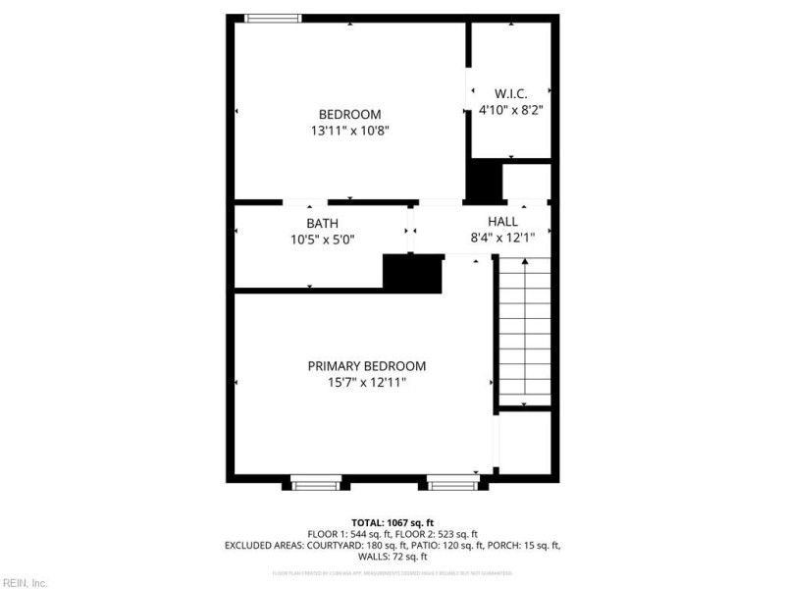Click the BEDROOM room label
[349, 114]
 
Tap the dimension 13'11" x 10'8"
[349, 130]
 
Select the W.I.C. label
[510, 94]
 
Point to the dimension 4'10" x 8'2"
[510, 110]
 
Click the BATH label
[323, 223]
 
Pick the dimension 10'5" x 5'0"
[323, 239]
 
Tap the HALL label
[502, 222]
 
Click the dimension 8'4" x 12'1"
[502, 238]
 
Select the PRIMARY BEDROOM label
[367, 366]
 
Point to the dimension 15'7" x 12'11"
[367, 382]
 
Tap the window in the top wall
[273, 18]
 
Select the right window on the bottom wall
[452, 482]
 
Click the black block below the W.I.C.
[483, 181]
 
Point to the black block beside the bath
[412, 272]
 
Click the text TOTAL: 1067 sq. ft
[392, 522]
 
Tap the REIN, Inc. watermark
[25, 582]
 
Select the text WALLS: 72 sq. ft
[392, 556]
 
